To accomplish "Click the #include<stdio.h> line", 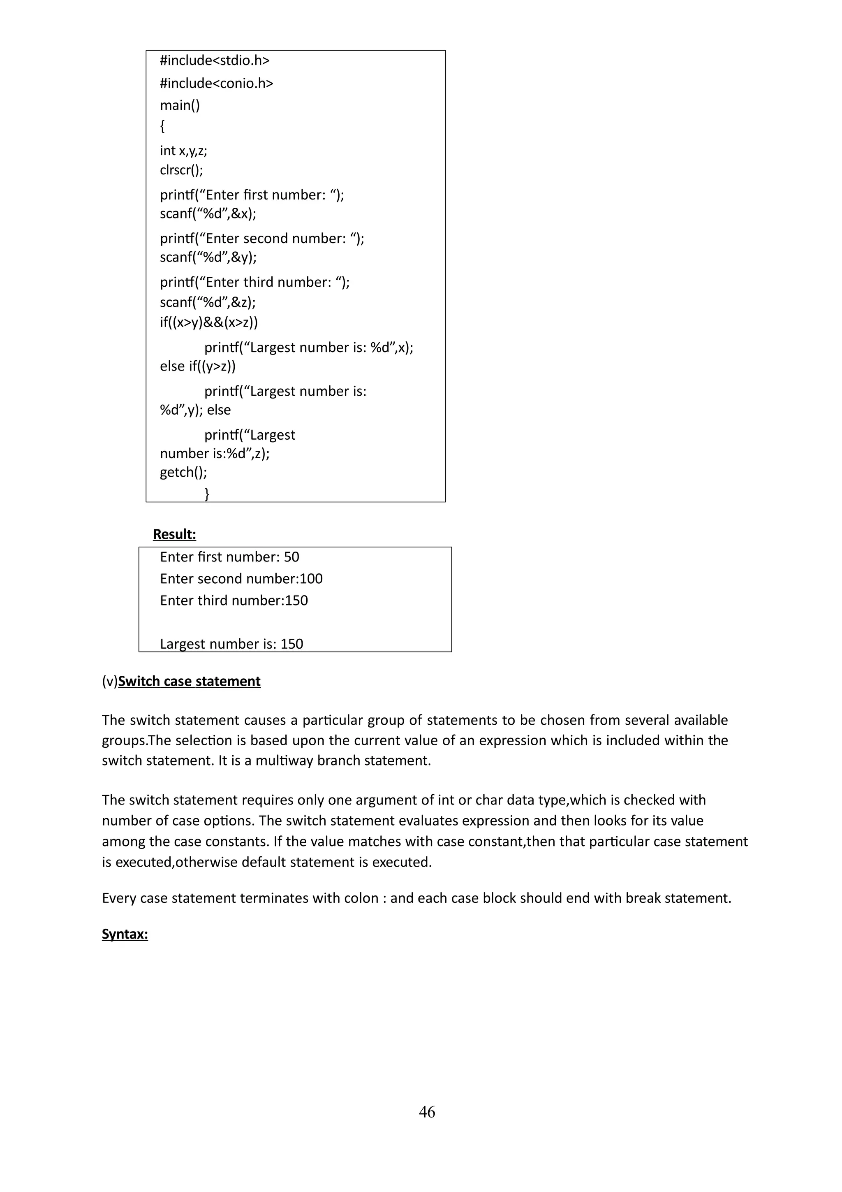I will point(215,61).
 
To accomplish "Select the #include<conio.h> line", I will point(216,83).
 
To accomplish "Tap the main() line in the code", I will point(180,105).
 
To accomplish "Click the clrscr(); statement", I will point(181,170).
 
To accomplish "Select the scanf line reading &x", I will point(208,213).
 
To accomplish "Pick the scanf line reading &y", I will point(208,257).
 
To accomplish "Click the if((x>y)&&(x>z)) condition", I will point(208,322).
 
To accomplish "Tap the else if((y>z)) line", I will point(198,366).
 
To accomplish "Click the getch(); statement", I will point(183,472).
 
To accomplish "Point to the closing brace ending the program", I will point(207,493).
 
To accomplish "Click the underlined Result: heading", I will point(174,534).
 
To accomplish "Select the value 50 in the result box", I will point(291,557).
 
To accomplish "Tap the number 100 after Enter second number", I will point(311,579).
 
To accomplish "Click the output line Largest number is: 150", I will point(231,644).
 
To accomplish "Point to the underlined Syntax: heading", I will point(125,934).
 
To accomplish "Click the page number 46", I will point(426,1112).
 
